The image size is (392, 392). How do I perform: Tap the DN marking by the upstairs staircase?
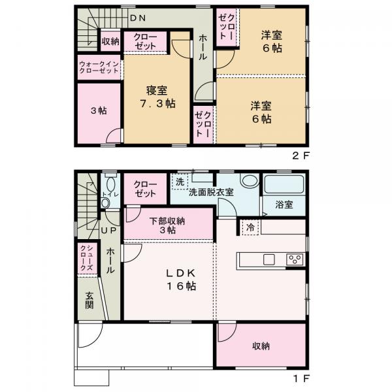click(138, 18)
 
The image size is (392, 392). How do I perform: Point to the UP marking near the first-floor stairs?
click(108, 231)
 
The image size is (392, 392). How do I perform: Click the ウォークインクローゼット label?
click(98, 68)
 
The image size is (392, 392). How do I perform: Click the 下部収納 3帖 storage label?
click(167, 225)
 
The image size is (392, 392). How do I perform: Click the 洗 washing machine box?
click(179, 181)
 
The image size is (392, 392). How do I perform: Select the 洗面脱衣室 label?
click(210, 193)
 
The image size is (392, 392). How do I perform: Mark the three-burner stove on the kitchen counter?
click(294, 259)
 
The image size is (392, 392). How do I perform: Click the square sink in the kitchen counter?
click(269, 259)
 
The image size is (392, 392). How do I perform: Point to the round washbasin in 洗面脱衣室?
click(249, 181)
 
